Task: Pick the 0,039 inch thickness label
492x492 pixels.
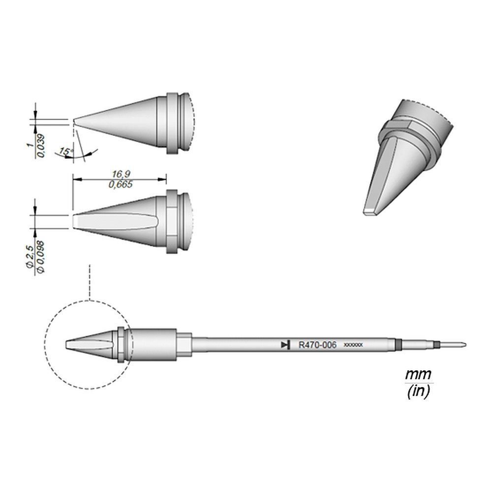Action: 41,146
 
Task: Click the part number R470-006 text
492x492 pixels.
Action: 317,345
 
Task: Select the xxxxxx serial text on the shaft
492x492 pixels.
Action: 353,345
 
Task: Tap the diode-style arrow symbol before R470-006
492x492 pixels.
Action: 284,345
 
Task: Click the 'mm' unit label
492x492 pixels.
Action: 419,375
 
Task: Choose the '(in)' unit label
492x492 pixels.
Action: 419,392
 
